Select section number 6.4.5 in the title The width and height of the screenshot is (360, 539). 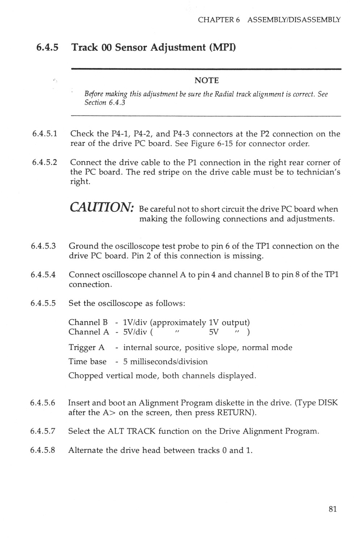click(47, 47)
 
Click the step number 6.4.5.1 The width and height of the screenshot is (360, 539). click(45, 134)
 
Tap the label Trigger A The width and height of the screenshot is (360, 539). click(86, 348)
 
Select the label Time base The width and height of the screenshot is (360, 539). click(88, 362)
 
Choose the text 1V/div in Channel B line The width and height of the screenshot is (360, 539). click(134, 323)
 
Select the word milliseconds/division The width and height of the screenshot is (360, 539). click(169, 362)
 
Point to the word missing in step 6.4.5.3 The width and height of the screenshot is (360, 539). click(248, 256)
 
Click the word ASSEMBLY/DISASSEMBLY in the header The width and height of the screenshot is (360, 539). click(294, 20)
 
